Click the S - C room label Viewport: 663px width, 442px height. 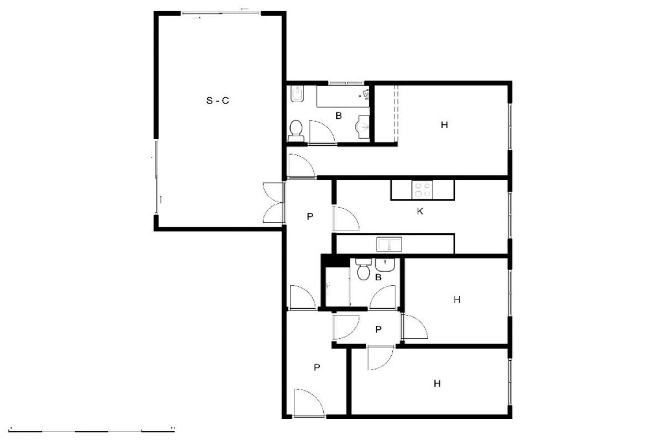[218, 101]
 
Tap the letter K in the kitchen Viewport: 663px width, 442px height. [420, 212]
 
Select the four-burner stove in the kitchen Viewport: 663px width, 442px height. [422, 190]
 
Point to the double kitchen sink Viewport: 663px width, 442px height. [389, 244]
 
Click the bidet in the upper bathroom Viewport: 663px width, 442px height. [297, 94]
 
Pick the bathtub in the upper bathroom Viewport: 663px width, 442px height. [343, 97]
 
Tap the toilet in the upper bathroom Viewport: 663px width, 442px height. [296, 131]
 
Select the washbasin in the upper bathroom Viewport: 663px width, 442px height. [362, 127]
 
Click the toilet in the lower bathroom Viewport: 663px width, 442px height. [364, 269]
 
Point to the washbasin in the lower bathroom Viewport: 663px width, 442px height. [385, 265]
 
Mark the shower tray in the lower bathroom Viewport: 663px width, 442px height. [338, 287]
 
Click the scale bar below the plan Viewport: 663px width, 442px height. [92, 431]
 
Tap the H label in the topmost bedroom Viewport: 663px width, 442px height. [444, 125]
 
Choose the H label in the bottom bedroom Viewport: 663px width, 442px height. [437, 383]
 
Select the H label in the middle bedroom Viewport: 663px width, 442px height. [457, 300]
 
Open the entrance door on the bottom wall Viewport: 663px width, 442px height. [309, 403]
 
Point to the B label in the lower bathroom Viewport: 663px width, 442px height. [378, 277]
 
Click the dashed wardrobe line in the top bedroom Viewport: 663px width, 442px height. [397, 115]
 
